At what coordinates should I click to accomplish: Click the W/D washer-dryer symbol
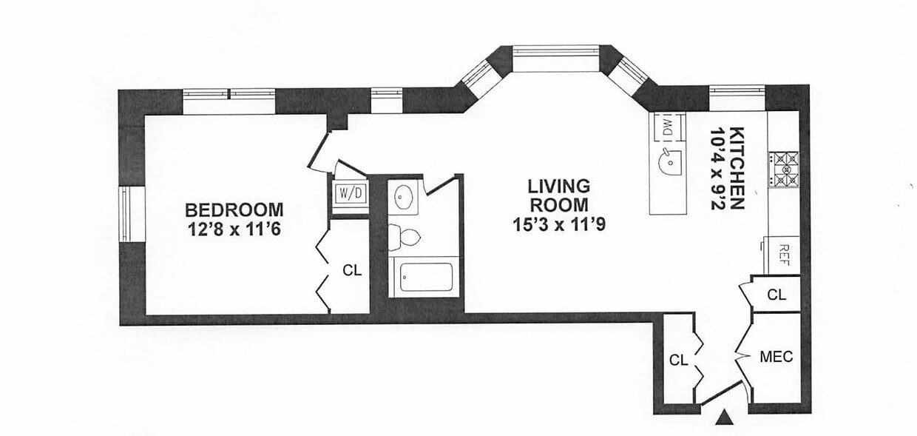351,193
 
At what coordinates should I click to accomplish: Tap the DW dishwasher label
668,127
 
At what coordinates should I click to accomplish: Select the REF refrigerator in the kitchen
782,255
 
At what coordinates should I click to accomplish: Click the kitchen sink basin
669,163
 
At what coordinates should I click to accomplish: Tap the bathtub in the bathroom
426,278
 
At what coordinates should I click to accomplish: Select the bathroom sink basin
404,198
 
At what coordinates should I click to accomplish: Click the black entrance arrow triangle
725,417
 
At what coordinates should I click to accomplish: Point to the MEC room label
776,357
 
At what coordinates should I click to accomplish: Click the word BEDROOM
234,209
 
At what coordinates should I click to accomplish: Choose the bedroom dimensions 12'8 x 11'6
234,229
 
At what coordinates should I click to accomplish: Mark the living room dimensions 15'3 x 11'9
559,224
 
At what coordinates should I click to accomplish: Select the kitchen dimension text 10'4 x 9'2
718,169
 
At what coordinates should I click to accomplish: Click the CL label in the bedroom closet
352,270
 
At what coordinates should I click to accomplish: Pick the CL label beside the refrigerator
776,295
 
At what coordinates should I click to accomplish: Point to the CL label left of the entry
678,360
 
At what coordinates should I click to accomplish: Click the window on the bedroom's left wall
131,215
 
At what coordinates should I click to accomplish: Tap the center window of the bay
555,51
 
